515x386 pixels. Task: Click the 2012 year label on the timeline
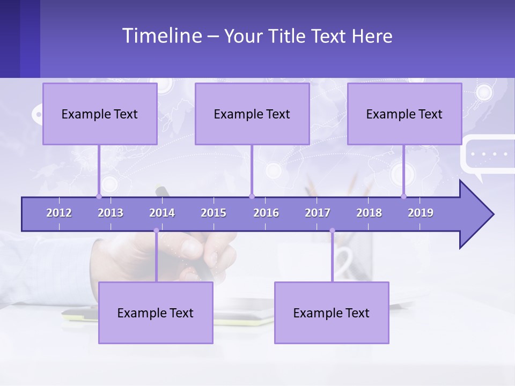coord(59,213)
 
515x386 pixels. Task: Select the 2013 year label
coord(111,213)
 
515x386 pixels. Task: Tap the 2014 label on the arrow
coord(162,213)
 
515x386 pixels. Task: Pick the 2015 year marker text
coord(214,213)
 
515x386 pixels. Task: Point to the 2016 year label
coord(266,213)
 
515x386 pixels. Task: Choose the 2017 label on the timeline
coord(318,213)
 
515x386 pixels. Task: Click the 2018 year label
coord(369,213)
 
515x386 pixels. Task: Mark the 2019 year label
coord(421,213)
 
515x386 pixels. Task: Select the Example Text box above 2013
coord(100,114)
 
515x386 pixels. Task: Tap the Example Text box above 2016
coord(252,114)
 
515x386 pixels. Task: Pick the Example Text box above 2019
coord(404,114)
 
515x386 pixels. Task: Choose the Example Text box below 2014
coord(156,313)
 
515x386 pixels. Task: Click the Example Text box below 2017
coord(332,313)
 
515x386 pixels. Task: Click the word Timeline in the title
coord(161,36)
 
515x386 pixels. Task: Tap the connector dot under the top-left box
coord(99,196)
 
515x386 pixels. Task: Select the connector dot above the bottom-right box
coord(332,231)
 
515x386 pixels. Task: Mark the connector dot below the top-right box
coord(404,196)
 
